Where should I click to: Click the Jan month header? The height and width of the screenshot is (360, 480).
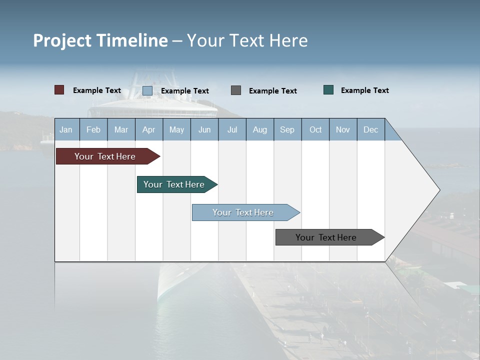(66, 129)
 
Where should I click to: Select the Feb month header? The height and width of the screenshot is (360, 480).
(93, 129)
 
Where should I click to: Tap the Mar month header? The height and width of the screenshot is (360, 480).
(121, 129)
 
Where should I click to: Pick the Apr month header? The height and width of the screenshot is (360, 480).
(149, 129)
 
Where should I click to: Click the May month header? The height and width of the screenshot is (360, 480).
(176, 129)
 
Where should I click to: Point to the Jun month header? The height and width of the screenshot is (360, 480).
(204, 129)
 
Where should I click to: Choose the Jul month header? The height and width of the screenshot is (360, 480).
(232, 129)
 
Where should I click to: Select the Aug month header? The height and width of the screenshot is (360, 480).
(260, 129)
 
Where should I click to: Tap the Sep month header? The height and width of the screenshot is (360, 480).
(287, 129)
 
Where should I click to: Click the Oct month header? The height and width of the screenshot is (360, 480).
(315, 129)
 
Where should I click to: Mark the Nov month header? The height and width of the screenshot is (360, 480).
(343, 129)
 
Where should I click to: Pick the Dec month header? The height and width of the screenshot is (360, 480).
(371, 129)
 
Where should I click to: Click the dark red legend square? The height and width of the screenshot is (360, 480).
(59, 90)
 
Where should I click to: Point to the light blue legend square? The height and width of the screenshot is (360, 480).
(147, 90)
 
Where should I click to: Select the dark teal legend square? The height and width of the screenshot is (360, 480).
(328, 90)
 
